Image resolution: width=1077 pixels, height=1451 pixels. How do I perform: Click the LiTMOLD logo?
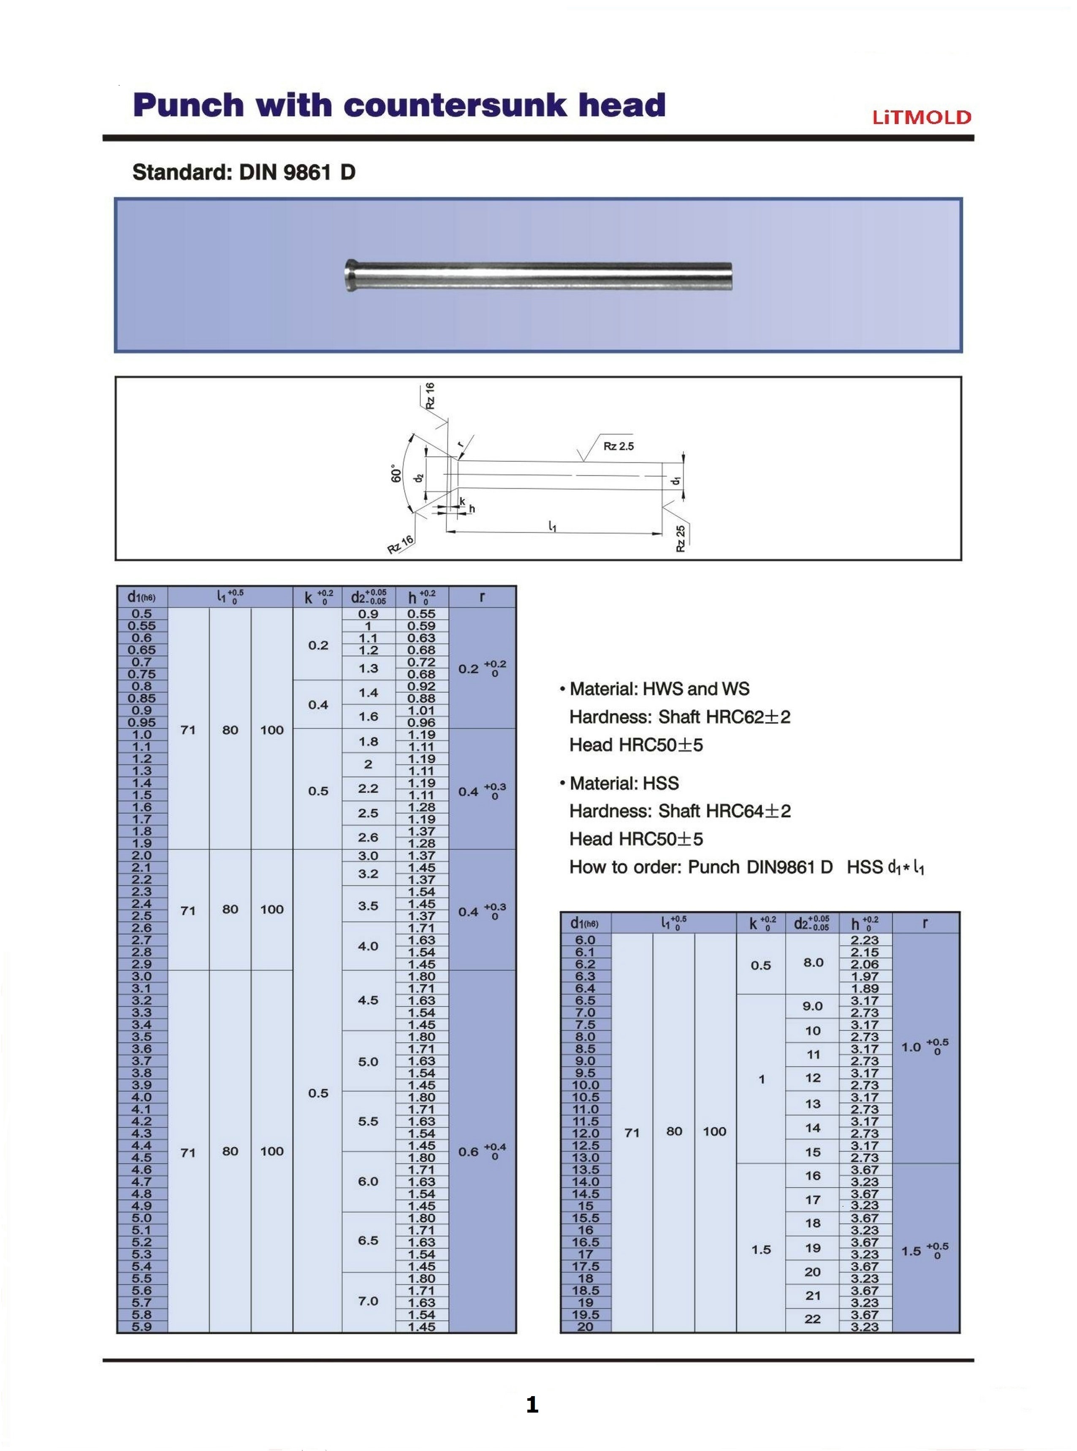(922, 117)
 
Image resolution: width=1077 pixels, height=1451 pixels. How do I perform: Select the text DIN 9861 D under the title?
(297, 172)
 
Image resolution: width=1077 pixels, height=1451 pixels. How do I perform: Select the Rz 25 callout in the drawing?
(681, 539)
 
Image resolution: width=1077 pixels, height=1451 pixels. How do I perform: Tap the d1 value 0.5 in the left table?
(141, 614)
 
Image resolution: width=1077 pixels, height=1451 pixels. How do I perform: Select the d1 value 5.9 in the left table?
(141, 1326)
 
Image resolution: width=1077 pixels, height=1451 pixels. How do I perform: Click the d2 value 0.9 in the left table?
(368, 614)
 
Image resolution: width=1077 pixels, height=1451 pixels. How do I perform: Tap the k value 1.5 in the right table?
(761, 1250)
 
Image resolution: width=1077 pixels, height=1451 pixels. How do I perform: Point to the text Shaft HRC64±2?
(724, 811)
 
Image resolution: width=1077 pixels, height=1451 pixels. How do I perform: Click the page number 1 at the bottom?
(532, 1405)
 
